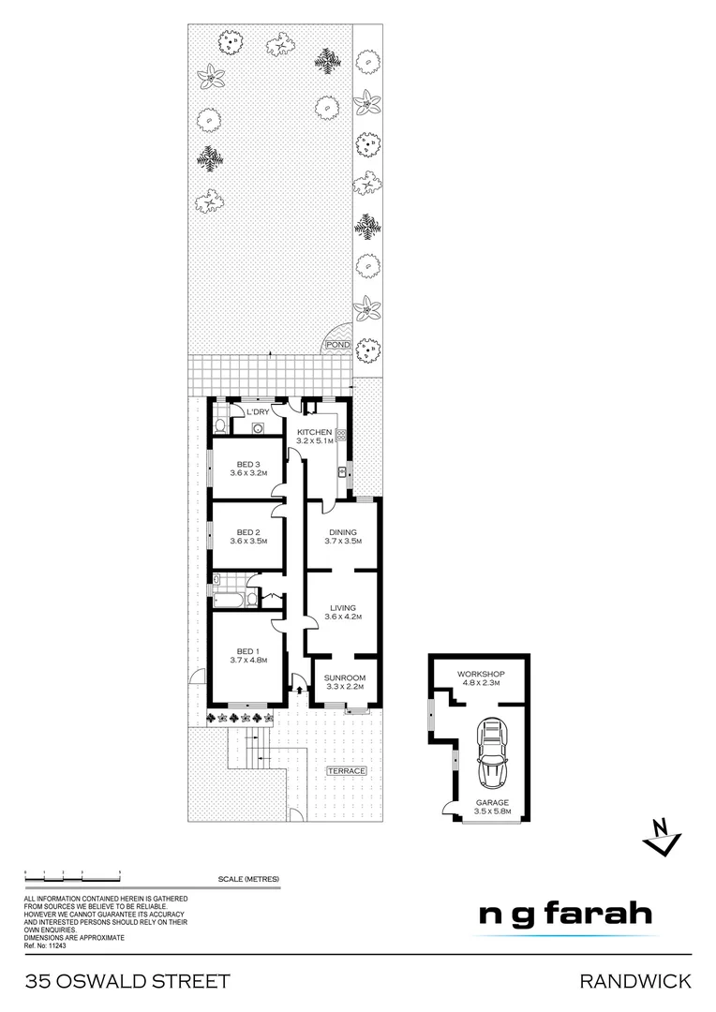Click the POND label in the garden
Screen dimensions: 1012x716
(337, 345)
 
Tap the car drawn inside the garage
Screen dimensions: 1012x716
(491, 754)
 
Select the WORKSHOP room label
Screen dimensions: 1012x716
(482, 675)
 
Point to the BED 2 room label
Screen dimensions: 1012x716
(248, 531)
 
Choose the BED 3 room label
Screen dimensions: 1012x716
(248, 464)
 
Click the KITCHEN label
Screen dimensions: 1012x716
(313, 431)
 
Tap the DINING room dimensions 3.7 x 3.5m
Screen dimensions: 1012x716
(342, 542)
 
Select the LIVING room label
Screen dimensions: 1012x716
(342, 607)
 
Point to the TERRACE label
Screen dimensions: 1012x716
(345, 771)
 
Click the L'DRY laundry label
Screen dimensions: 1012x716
(259, 411)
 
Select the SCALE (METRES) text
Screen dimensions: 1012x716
(248, 878)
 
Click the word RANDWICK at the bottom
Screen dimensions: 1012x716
(635, 981)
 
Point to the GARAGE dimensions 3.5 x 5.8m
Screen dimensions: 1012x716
(491, 812)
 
